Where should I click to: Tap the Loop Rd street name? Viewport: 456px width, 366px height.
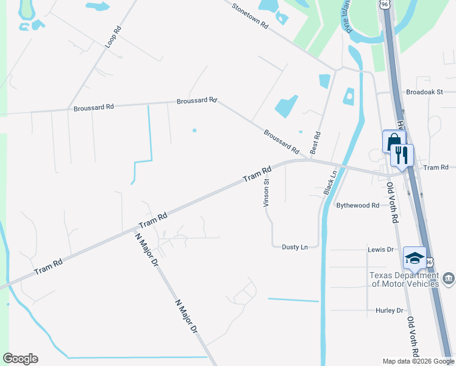click(x=111, y=37)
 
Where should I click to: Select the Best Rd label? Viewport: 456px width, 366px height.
click(x=316, y=143)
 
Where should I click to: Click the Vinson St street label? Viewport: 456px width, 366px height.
click(x=266, y=192)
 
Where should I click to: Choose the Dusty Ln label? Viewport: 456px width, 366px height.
click(x=294, y=247)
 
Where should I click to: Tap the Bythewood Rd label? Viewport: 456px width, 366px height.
click(x=358, y=206)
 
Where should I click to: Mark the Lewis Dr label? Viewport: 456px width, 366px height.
click(x=380, y=250)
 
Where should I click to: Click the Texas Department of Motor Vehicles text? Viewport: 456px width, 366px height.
click(x=404, y=279)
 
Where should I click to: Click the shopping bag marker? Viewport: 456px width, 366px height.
click(x=393, y=142)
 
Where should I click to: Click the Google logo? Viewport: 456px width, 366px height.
click(x=20, y=359)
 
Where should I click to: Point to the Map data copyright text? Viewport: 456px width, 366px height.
click(x=418, y=361)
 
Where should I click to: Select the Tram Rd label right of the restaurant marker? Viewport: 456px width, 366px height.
click(x=435, y=167)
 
